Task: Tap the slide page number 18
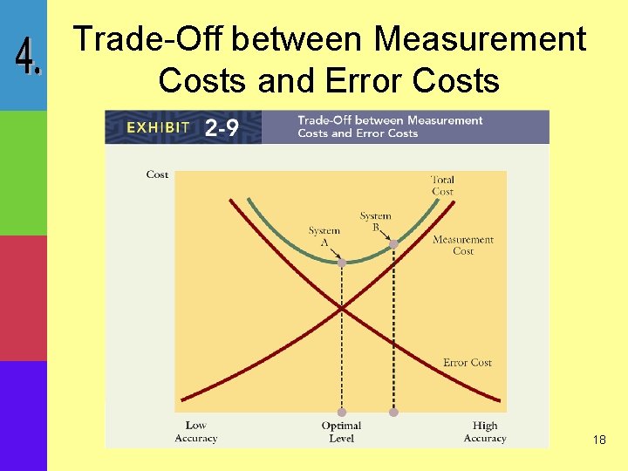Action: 598,440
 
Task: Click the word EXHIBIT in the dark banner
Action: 158,127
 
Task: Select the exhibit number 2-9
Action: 222,128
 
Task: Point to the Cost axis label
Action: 157,174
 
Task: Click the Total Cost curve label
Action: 442,186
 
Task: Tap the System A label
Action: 324,236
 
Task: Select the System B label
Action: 376,222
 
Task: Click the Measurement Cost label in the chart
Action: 463,245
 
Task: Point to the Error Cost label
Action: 468,363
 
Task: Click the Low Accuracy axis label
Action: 195,432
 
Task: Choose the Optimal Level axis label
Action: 341,432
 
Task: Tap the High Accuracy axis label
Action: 485,432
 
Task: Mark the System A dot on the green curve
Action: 342,262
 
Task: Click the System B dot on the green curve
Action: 393,244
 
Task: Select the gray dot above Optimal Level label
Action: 342,412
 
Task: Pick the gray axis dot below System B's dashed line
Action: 393,412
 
